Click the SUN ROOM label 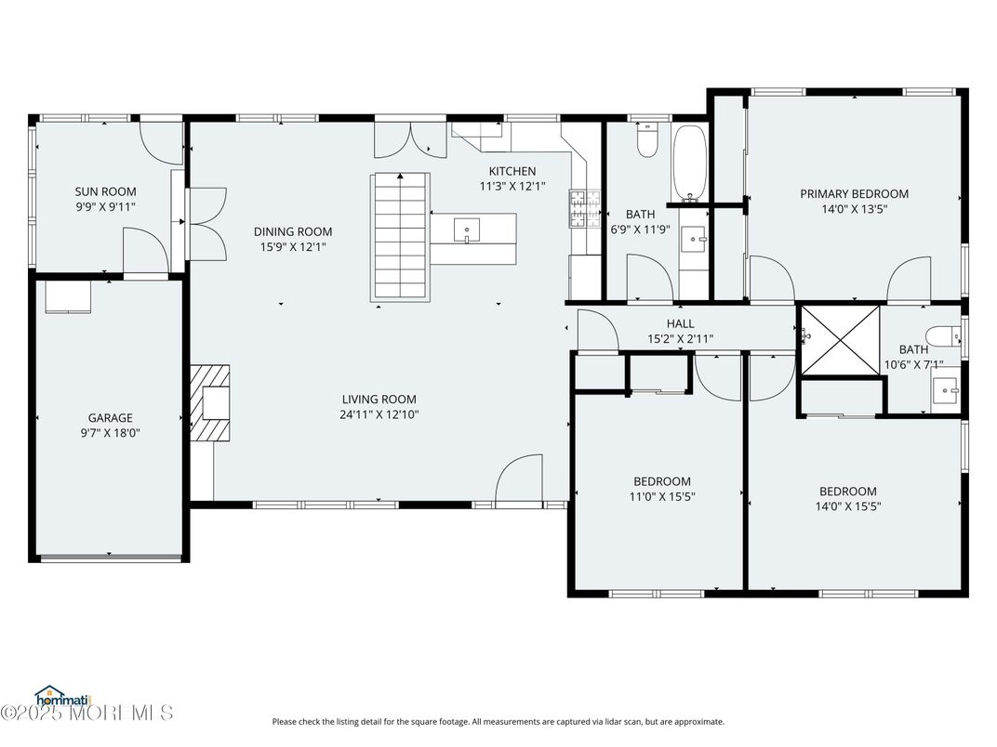point(105,192)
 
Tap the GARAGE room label point(111,418)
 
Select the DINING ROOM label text point(293,232)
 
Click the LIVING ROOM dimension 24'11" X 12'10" point(379,415)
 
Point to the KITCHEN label point(512,171)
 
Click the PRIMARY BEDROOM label point(854,194)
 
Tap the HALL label point(680,323)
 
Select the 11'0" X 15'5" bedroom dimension point(662,496)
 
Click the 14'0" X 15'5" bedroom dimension point(847,506)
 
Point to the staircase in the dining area point(402,237)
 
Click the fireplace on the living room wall point(212,401)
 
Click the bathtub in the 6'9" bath point(689,162)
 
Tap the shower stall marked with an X point(840,340)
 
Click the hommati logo point(60,695)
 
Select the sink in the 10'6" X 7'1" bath point(947,391)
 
